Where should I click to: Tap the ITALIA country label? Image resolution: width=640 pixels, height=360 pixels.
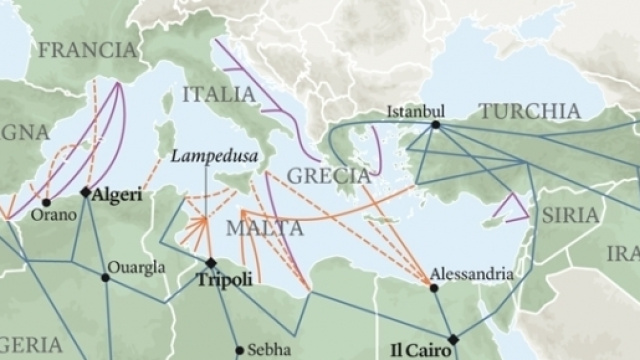[x=220, y=95]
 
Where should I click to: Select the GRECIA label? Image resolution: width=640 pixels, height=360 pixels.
[x=329, y=176]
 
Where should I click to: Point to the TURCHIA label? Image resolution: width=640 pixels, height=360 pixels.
[x=529, y=111]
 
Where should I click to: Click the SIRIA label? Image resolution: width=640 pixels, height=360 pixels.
[x=570, y=215]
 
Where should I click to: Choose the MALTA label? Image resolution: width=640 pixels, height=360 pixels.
[x=264, y=228]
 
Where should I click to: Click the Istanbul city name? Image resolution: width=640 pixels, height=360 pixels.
[x=414, y=112]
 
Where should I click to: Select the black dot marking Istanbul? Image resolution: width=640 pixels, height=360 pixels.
[x=435, y=125]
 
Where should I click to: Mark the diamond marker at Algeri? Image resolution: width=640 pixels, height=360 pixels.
[x=86, y=191]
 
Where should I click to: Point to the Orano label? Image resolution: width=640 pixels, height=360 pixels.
[x=49, y=214]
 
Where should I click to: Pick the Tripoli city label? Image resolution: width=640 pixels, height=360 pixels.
[x=224, y=281]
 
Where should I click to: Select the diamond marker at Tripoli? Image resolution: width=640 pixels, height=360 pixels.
[x=211, y=263]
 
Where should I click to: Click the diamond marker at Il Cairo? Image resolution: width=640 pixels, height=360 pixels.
[x=453, y=338]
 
